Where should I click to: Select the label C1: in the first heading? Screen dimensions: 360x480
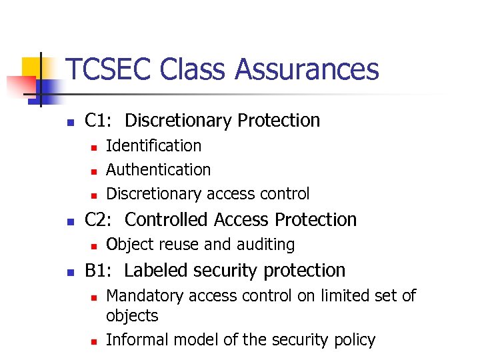[x=99, y=121]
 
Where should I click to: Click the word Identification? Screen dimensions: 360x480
[x=153, y=146]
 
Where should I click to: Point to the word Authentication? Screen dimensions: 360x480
[x=158, y=170]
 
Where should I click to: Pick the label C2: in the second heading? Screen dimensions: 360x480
[x=99, y=219]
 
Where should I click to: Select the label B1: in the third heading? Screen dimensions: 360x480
[x=99, y=271]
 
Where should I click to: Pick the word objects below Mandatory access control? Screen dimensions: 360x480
[x=132, y=316]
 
